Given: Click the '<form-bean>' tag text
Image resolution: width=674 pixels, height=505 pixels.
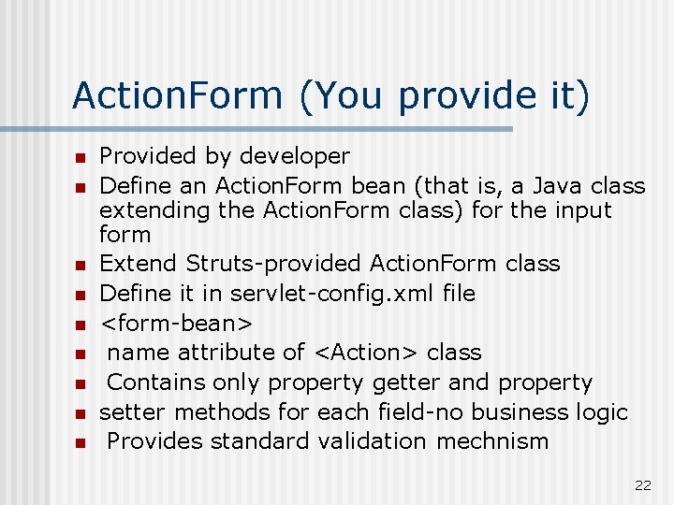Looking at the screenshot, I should tap(176, 324).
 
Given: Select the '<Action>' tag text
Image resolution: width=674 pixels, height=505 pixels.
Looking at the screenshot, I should tap(366, 353).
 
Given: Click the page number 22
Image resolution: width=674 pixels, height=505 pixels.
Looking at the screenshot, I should tap(642, 484).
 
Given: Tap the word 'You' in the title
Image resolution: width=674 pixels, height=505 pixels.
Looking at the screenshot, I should tap(354, 95).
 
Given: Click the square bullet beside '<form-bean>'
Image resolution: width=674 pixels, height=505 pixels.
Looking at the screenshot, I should tap(81, 325).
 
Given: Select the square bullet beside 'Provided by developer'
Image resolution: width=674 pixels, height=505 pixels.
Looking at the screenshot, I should tap(81, 157).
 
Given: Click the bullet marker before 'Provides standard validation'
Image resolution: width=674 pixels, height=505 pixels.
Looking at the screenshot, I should tap(81, 442).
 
